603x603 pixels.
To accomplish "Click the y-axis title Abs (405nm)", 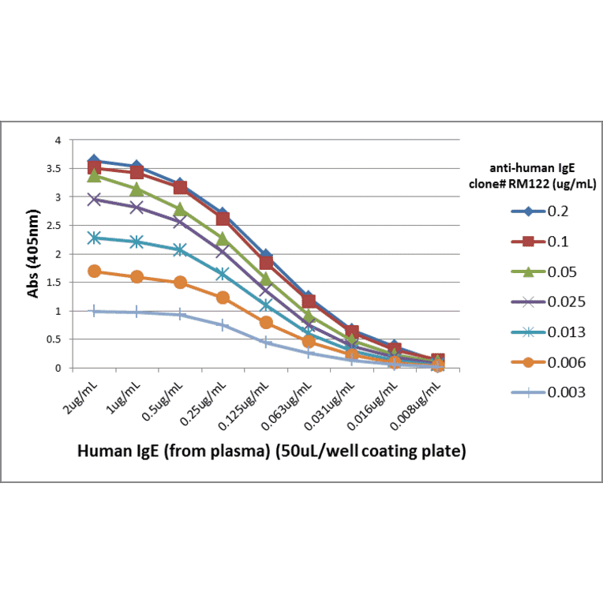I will (34, 253).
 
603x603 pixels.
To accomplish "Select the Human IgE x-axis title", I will (271, 452).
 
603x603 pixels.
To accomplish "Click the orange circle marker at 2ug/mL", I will (95, 272).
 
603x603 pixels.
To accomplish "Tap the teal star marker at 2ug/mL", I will (95, 238).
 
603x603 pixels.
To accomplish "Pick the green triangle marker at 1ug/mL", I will (137, 189).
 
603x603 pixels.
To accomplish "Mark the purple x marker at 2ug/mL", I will (95, 200).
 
